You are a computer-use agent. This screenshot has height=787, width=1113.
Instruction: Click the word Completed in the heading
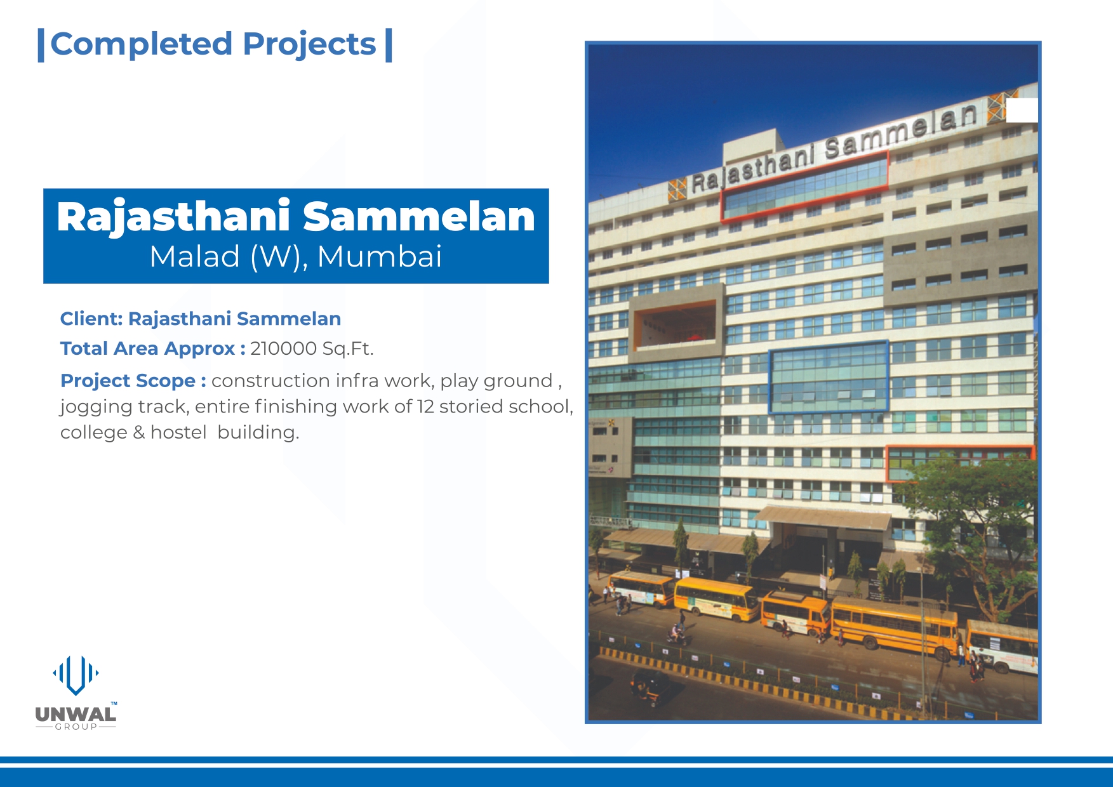click(142, 44)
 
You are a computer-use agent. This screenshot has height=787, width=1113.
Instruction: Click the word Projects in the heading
click(309, 45)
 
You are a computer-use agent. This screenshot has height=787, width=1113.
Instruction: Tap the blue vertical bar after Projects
click(389, 45)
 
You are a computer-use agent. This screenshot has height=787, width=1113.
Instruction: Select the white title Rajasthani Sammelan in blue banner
click(296, 217)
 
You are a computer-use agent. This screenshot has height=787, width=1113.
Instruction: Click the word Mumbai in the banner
click(379, 256)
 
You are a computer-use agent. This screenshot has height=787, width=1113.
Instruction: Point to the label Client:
click(91, 319)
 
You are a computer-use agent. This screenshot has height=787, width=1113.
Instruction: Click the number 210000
click(283, 348)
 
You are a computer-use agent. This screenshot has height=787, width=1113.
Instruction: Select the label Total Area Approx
click(147, 349)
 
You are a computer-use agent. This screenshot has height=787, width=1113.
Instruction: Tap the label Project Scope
click(128, 381)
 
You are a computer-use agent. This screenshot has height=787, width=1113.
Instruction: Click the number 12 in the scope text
click(425, 406)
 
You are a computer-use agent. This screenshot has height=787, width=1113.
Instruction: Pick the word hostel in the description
click(178, 432)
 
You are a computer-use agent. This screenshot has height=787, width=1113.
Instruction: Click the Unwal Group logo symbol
click(76, 675)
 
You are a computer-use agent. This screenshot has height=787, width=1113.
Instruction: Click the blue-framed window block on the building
click(829, 377)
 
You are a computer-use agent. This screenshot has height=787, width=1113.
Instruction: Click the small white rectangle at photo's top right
click(1022, 110)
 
